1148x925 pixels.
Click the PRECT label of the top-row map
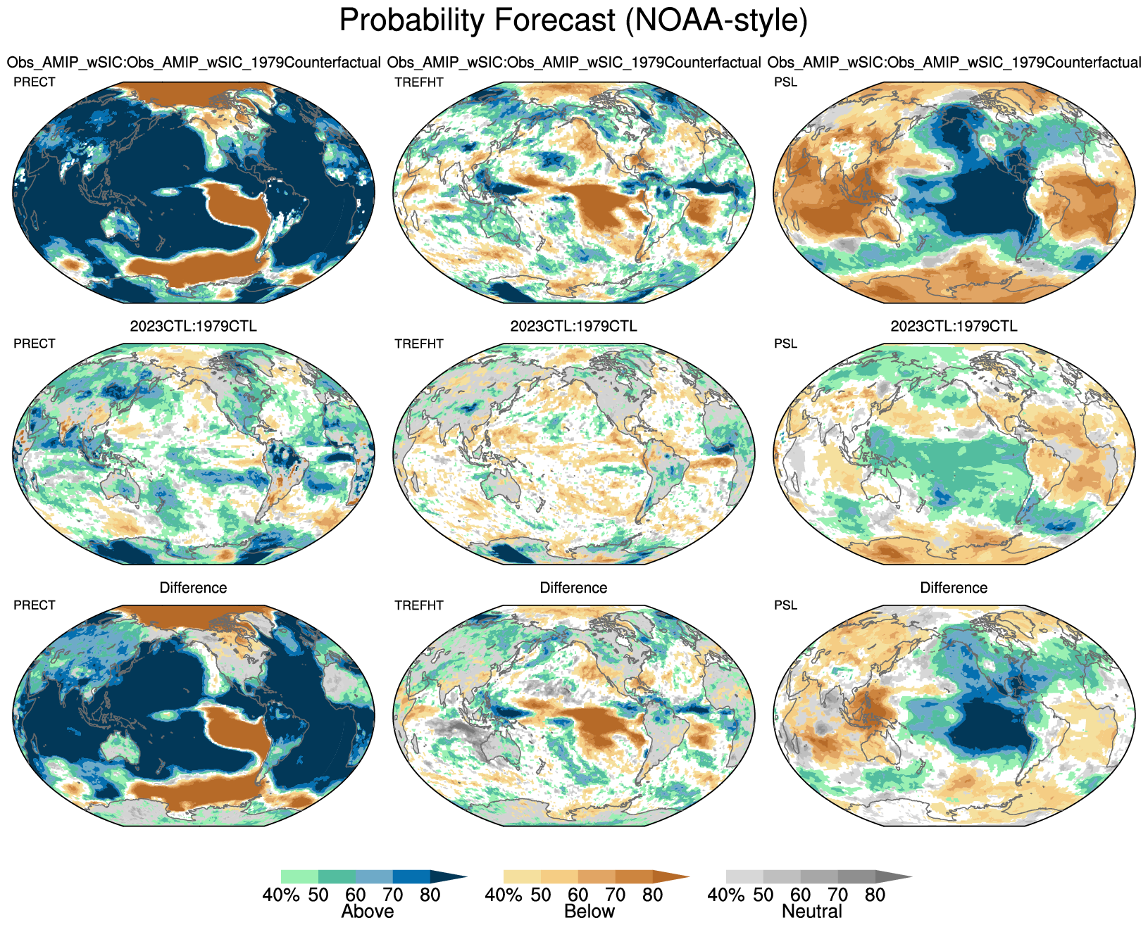[x=35, y=82]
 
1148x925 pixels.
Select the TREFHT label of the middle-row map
[x=419, y=344]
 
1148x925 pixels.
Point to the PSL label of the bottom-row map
[x=786, y=605]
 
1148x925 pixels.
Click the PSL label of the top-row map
[x=786, y=82]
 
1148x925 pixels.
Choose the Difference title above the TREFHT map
[x=573, y=588]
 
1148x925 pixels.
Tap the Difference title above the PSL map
[x=954, y=588]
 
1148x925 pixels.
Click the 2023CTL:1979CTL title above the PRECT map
[x=194, y=327]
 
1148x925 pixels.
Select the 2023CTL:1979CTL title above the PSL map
[x=954, y=327]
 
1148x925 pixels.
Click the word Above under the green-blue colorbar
[x=367, y=912]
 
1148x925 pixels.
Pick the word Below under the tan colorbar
[x=589, y=912]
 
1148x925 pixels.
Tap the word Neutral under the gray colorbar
[x=812, y=912]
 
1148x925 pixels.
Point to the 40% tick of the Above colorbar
[x=281, y=895]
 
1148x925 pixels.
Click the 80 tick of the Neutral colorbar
[x=875, y=895]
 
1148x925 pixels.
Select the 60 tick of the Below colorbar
[x=578, y=895]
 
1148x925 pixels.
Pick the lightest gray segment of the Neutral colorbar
[x=744, y=876]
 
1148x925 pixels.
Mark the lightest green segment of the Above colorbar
[x=299, y=876]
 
